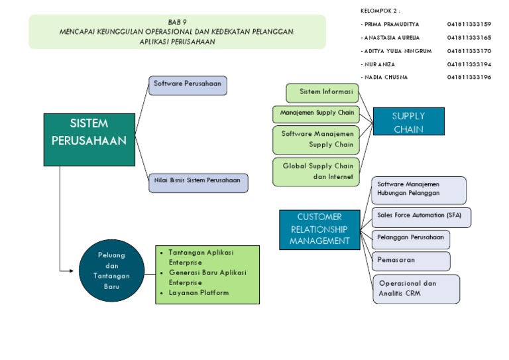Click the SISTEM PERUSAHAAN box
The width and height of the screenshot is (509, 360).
coord(89,139)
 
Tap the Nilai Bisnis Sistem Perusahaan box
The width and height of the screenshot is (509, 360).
coord(198,183)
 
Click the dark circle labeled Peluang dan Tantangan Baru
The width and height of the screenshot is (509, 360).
coord(111,270)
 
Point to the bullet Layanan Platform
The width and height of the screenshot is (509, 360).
coord(198,293)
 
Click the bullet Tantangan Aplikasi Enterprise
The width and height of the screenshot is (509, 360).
coord(200,257)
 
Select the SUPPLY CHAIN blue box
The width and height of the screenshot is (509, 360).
coord(408,122)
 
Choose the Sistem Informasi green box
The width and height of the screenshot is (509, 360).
coord(322,93)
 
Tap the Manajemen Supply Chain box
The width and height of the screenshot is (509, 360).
coord(316,113)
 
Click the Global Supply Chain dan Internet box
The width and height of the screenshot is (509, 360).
coord(316,172)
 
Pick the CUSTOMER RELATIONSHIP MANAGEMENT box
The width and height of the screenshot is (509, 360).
coord(319,229)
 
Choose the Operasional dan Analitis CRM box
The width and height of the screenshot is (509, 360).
coord(416,288)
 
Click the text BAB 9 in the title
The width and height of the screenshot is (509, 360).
coord(177,22)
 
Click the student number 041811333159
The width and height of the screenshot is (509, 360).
coord(469,25)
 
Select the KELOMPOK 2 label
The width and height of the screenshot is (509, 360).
coord(380,11)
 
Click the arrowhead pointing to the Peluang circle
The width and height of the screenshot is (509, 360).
coord(70,270)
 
